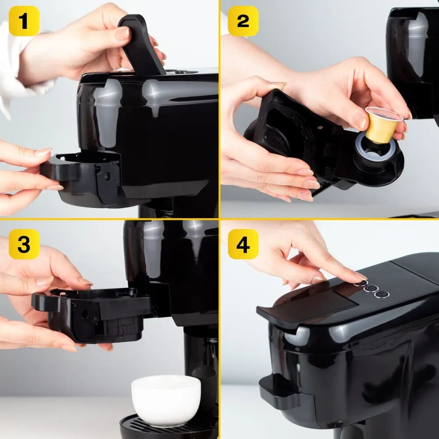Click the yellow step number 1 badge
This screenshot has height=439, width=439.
coord(24,21)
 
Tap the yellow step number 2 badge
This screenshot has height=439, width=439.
coord(243,21)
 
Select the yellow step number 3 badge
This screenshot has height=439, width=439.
coord(24,244)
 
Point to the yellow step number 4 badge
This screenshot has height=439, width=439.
coord(243,244)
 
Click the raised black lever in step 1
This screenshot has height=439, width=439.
coord(141,45)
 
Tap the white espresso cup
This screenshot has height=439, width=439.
coord(166,401)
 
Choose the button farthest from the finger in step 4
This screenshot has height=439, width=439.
coord(381,294)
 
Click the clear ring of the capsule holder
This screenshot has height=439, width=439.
coord(376,148)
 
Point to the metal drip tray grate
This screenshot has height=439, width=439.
coord(168,428)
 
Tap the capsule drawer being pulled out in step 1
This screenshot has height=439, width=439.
coord(81,179)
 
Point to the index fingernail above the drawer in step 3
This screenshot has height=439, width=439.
coord(86,281)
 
